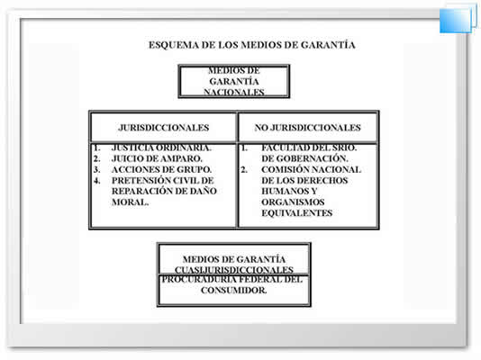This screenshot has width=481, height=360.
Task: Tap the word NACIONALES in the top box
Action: [x=234, y=92]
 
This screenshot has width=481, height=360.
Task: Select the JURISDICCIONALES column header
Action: [x=164, y=128]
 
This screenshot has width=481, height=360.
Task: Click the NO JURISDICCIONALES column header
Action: [x=308, y=128]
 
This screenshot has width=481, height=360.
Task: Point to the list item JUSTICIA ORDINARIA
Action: [x=161, y=148]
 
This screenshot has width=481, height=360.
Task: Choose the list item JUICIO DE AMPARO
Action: [x=157, y=158]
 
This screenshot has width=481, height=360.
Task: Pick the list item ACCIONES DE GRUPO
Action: [x=161, y=169]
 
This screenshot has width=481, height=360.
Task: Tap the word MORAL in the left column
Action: [x=130, y=202]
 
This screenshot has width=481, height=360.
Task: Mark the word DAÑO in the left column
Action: [x=203, y=191]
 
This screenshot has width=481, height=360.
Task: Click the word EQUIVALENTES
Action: [x=297, y=213]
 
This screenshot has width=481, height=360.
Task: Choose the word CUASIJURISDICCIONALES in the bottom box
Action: [x=234, y=270]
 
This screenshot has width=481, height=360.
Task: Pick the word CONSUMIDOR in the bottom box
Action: [x=234, y=290]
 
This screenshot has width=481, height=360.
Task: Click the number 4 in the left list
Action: [x=97, y=181]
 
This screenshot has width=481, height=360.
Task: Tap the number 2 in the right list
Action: [x=244, y=169]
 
